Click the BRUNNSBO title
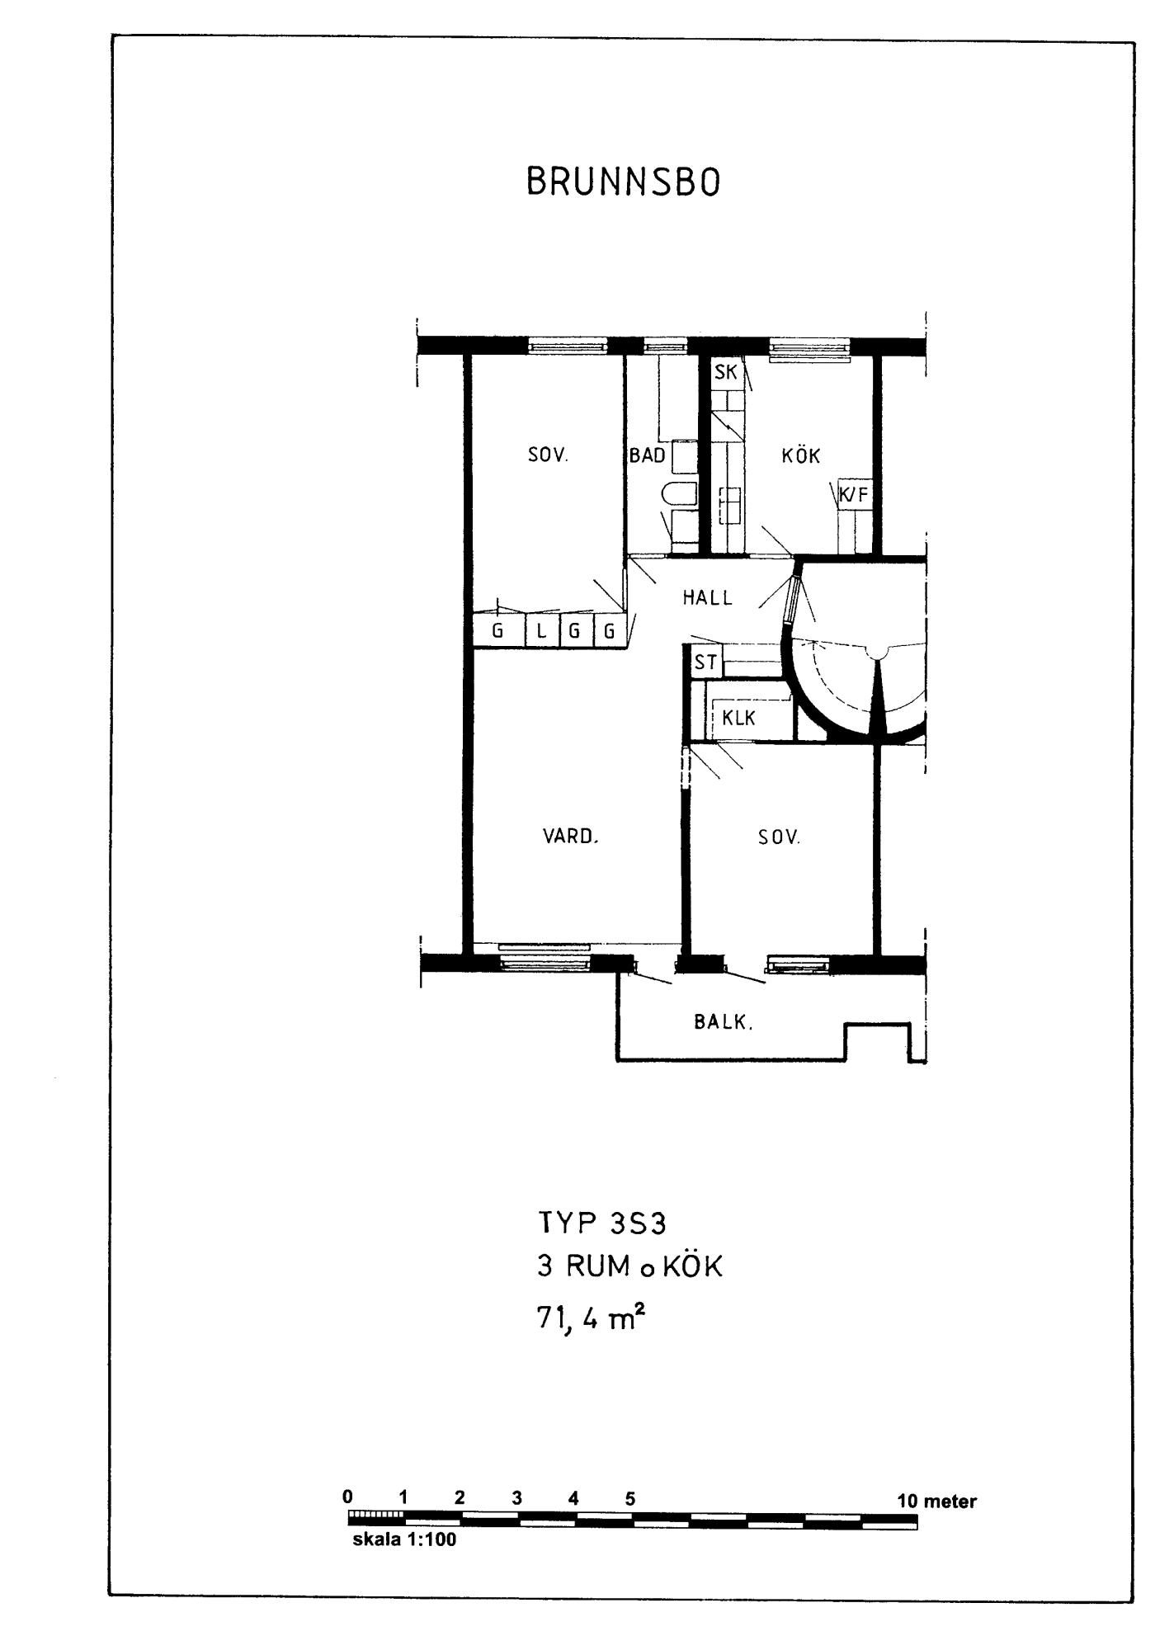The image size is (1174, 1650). click(x=623, y=182)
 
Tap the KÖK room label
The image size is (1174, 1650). click(x=801, y=455)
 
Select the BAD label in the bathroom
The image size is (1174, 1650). click(x=648, y=455)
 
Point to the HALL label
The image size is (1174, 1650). click(x=708, y=598)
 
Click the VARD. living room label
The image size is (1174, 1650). click(x=570, y=837)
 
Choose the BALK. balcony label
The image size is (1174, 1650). click(x=724, y=1022)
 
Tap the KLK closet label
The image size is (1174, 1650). click(x=738, y=718)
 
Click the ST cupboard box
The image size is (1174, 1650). click(x=706, y=662)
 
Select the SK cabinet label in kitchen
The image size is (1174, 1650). click(x=726, y=372)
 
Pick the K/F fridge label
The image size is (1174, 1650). click(x=854, y=495)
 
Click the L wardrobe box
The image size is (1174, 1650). click(x=541, y=631)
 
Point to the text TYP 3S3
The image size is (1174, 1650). click(x=601, y=1222)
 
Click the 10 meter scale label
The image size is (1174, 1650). click(x=936, y=1501)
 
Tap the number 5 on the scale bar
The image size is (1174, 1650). click(x=630, y=1499)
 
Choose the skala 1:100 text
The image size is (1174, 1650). click(x=404, y=1539)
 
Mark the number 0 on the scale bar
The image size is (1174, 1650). click(x=348, y=1497)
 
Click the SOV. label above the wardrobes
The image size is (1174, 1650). click(x=549, y=455)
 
